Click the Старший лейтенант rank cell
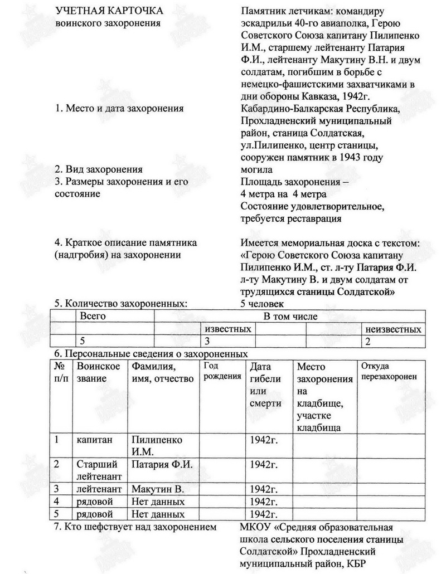click(98, 469)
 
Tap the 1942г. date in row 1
click(264, 440)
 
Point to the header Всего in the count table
click(93, 316)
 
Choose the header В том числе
click(290, 317)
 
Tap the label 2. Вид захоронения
click(99, 169)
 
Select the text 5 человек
click(261, 304)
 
